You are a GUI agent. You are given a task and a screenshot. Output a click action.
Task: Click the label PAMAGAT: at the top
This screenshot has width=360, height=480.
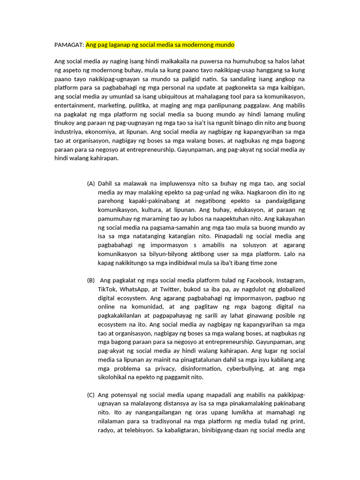[x=69, y=45]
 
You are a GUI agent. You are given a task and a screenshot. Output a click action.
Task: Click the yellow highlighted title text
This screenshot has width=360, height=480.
[x=160, y=45]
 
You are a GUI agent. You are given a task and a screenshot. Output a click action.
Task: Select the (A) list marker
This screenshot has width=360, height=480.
[x=91, y=184]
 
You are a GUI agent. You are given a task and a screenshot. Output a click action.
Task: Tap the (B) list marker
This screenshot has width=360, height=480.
[x=91, y=280]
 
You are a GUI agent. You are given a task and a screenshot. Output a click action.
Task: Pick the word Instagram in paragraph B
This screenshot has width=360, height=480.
[x=289, y=280]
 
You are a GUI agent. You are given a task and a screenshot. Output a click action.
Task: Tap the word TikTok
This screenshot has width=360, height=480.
[x=107, y=289]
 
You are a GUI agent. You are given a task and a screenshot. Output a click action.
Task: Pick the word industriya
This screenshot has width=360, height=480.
[x=70, y=132]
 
